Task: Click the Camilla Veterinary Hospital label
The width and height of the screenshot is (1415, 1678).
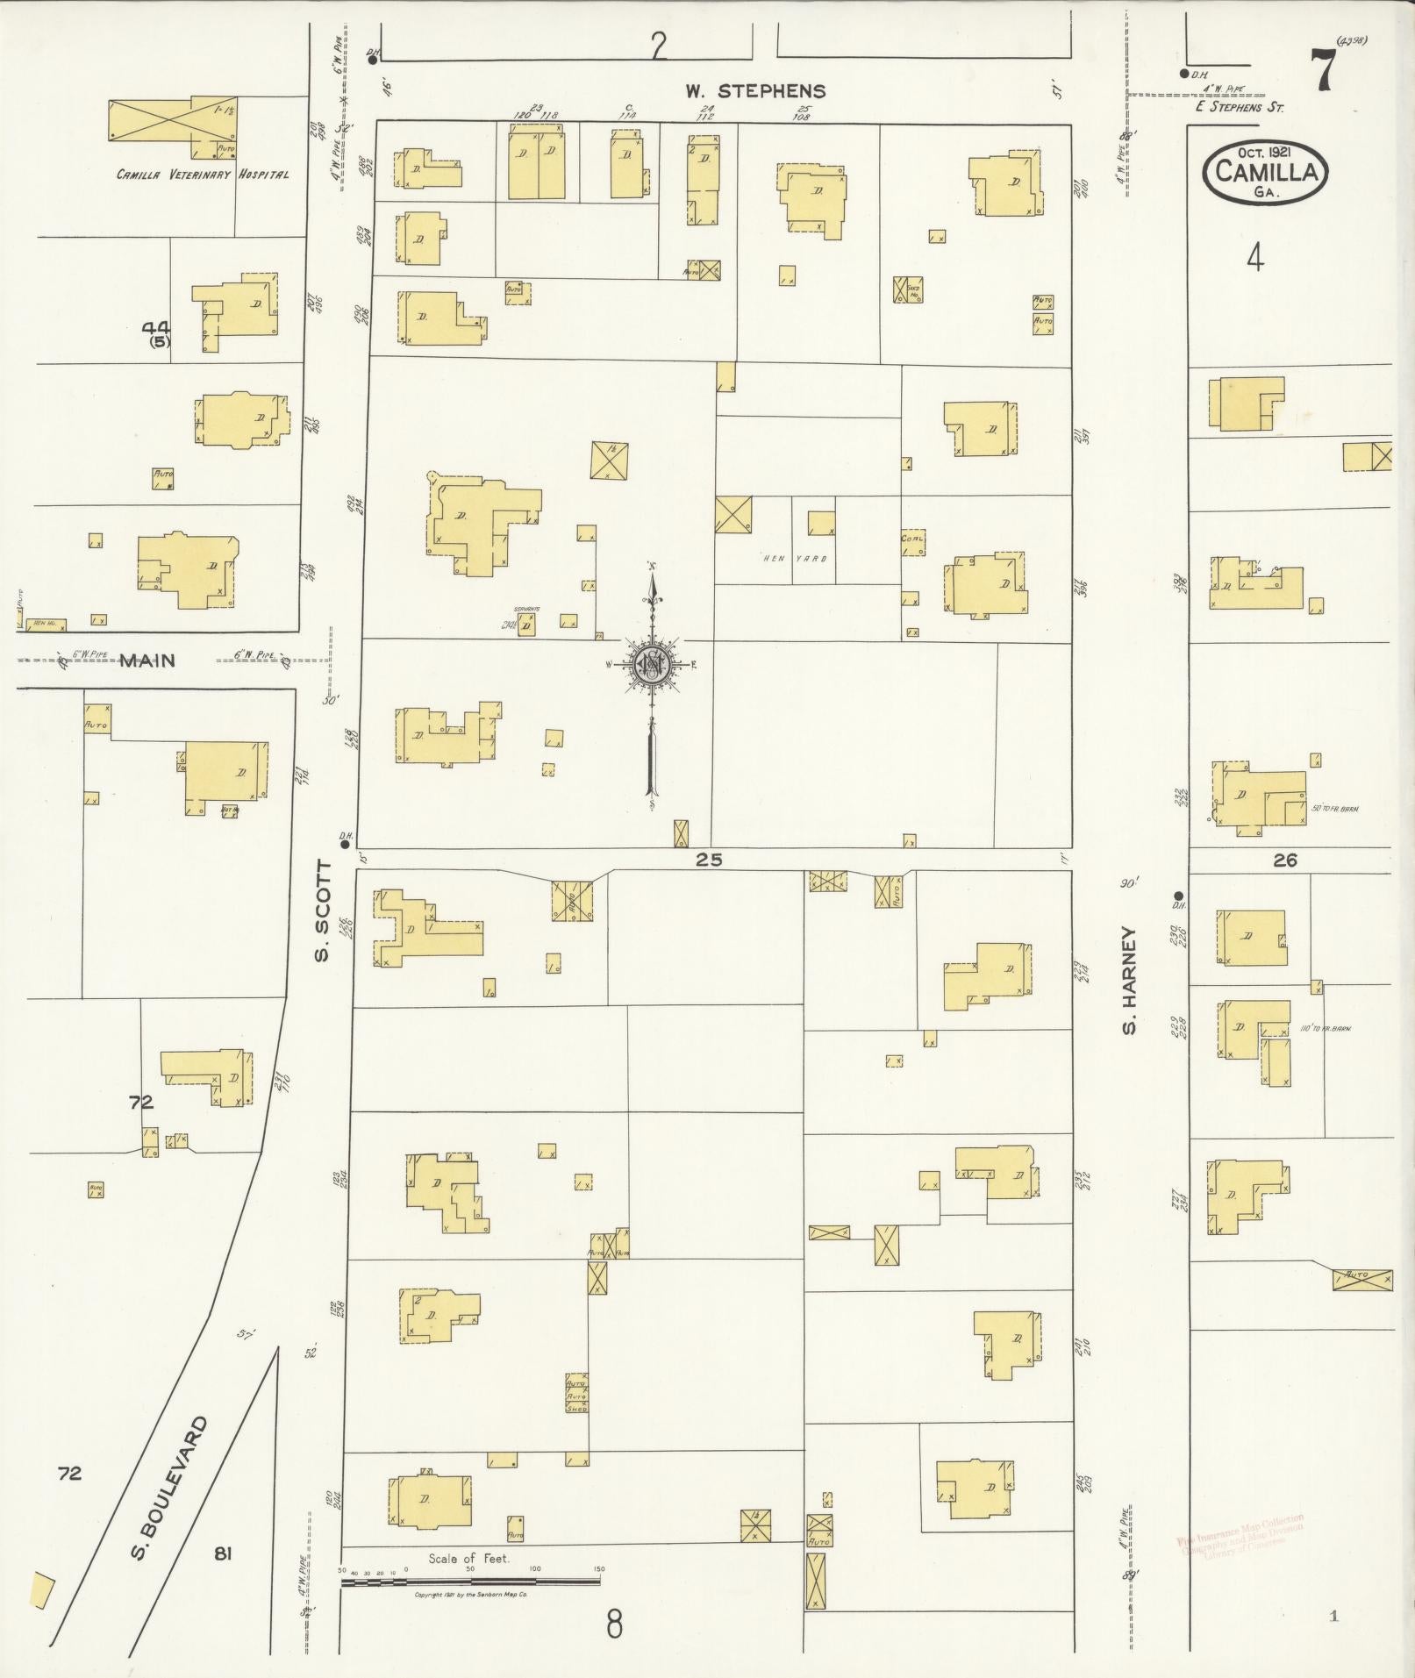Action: (203, 175)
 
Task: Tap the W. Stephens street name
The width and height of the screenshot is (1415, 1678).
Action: (754, 90)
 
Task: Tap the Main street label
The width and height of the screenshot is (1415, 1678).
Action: (147, 660)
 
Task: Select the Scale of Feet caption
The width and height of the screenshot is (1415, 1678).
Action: (468, 1559)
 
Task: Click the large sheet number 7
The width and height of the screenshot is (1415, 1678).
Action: (1322, 71)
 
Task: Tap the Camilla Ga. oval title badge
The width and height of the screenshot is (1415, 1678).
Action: (1266, 171)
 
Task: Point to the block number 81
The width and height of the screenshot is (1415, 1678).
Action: (222, 1553)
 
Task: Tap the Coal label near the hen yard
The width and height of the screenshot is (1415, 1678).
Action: (912, 539)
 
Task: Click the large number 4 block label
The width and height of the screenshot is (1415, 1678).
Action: (1255, 258)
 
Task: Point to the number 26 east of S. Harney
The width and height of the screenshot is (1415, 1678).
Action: (1284, 860)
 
